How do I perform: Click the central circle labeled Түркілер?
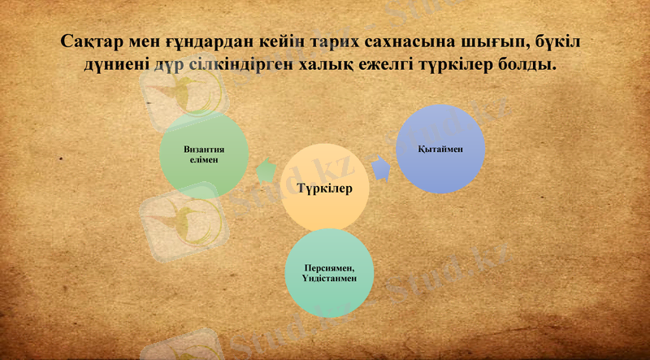click(x=323, y=189)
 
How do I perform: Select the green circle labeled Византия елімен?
click(x=203, y=155)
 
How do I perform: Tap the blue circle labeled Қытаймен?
click(x=440, y=149)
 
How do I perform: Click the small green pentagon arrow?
click(x=265, y=171)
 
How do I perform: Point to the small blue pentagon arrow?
click(x=381, y=168)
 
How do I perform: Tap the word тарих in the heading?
click(x=329, y=41)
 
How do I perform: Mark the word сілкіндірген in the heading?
click(x=240, y=65)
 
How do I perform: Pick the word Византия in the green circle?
click(x=203, y=150)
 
